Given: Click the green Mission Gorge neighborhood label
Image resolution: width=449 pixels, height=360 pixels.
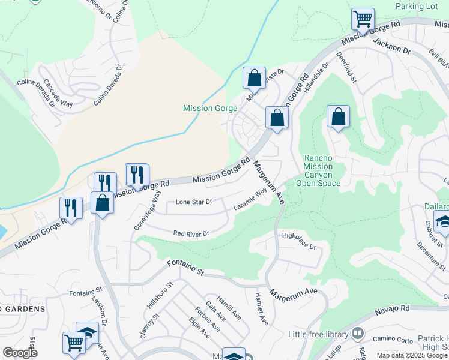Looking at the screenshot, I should point(210,109).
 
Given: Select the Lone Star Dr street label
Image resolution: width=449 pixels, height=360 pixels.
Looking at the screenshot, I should point(194,202).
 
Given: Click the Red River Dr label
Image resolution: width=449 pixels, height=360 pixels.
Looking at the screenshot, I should point(191,233).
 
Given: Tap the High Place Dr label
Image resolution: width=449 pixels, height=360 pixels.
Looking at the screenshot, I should point(298,241).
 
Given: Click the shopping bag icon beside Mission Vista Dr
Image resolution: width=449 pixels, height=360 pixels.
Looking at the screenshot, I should point(254,77).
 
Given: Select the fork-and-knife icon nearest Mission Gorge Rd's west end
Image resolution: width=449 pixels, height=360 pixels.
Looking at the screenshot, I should point(71,208).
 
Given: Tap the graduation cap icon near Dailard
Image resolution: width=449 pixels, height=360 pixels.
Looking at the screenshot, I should point(442,223).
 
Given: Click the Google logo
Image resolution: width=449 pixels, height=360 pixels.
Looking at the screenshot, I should point(20,353).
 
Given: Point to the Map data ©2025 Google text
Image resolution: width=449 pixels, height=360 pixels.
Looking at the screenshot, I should point(412,355).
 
